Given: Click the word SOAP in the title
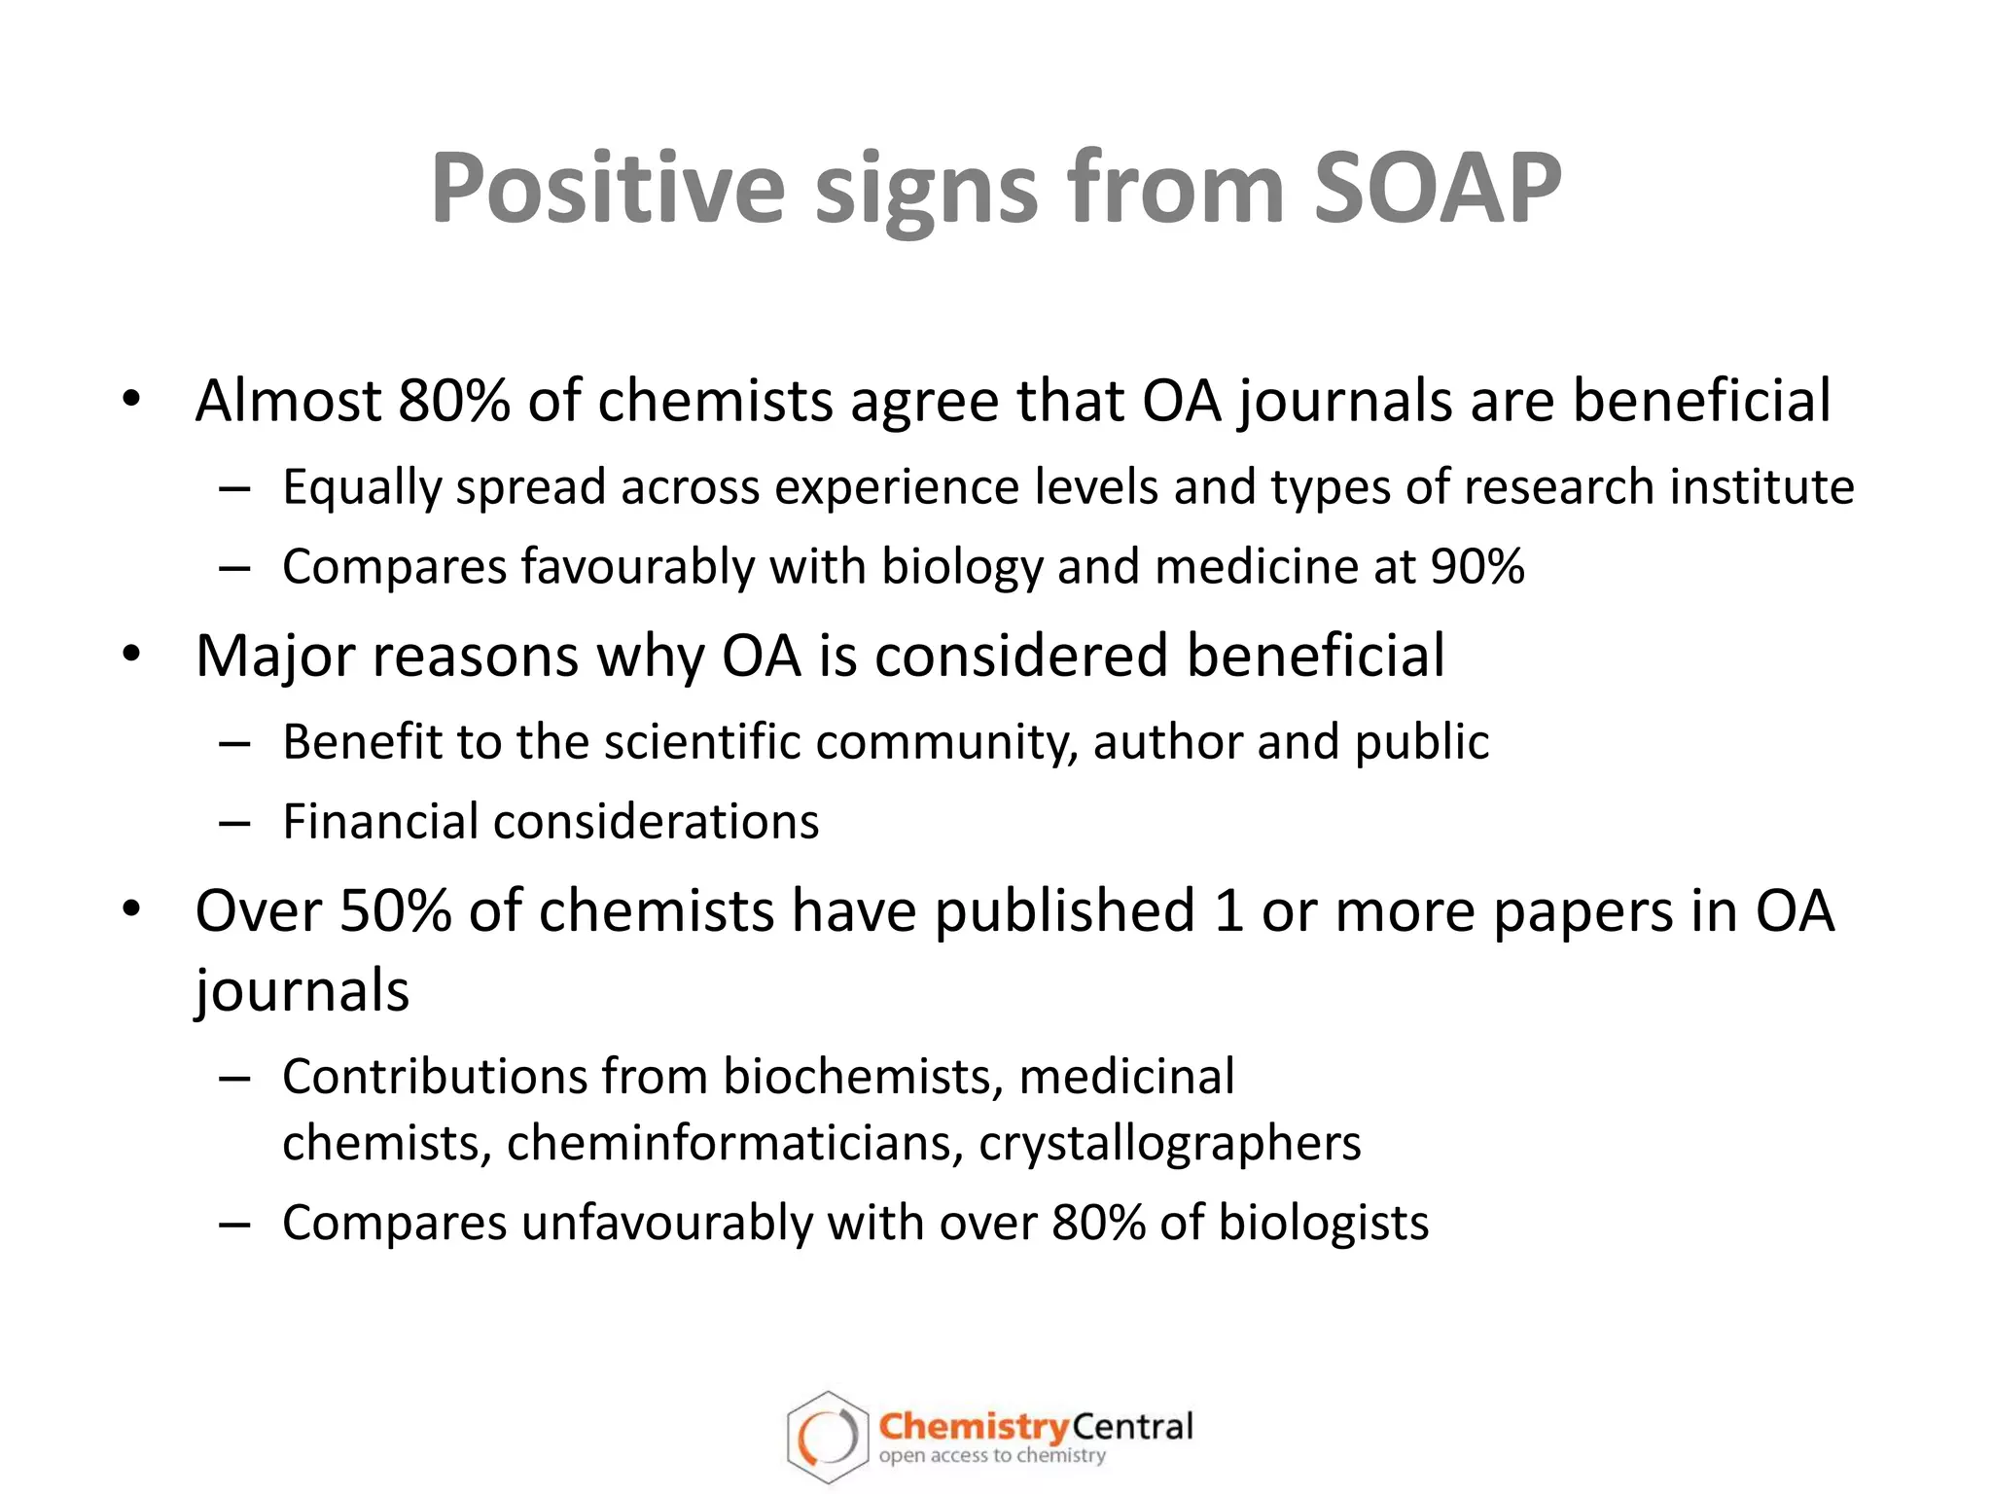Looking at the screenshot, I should (x=1437, y=189).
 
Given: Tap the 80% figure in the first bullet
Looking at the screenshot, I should (x=453, y=401).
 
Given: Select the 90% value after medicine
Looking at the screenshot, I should (x=1477, y=566).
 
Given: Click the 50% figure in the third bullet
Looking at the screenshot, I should (x=396, y=911).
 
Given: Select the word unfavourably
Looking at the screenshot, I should (x=666, y=1224).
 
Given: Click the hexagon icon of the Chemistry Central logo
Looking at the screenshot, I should (x=827, y=1438).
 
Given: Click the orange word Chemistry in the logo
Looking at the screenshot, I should (x=973, y=1427).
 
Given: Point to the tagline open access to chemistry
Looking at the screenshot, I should (x=992, y=1456).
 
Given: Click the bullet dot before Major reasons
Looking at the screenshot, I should (x=132, y=654).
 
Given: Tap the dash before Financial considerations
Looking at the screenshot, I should (x=234, y=823).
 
